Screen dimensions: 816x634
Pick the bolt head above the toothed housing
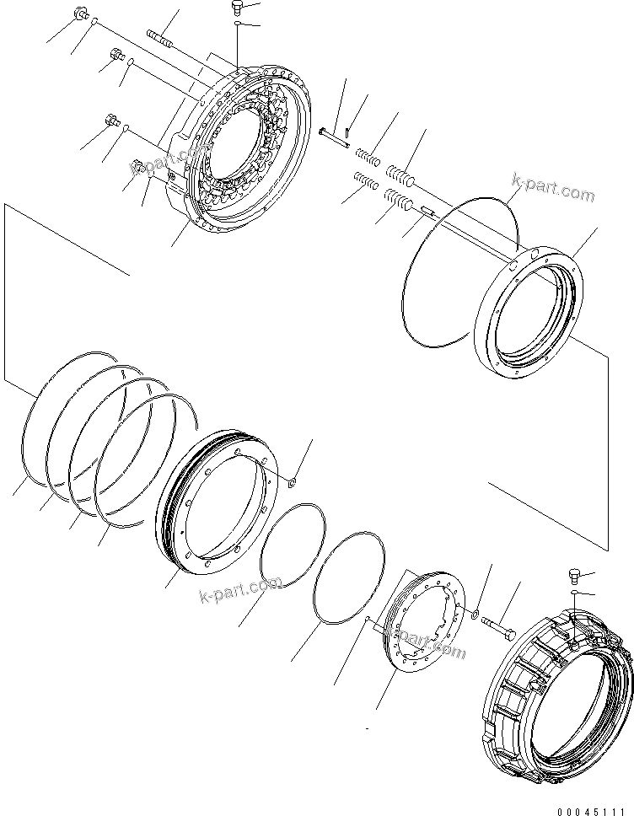pyautogui.click(x=236, y=8)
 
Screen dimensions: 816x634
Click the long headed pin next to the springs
pyautogui.click(x=336, y=136)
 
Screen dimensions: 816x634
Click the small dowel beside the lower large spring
pyautogui.click(x=425, y=212)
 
